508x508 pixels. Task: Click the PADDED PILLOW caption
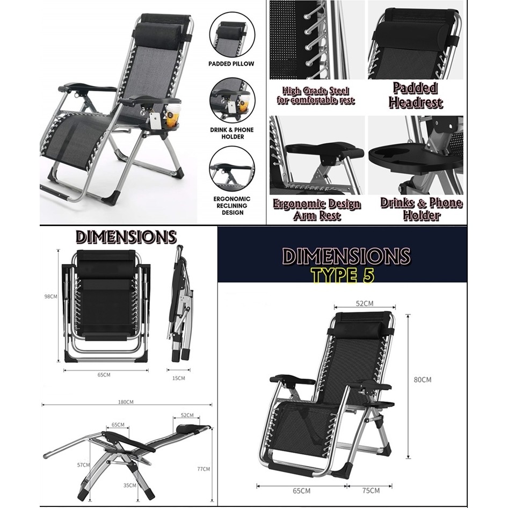pyautogui.click(x=231, y=64)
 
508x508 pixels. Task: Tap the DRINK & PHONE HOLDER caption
pyautogui.click(x=232, y=133)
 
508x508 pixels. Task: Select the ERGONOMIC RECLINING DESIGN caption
pyautogui.click(x=232, y=206)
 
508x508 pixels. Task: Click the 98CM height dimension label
pyautogui.click(x=51, y=296)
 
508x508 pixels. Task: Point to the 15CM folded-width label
pyautogui.click(x=178, y=378)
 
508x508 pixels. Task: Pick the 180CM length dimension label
pyautogui.click(x=126, y=402)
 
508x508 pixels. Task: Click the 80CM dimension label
pyautogui.click(x=423, y=379)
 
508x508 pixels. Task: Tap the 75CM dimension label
pyautogui.click(x=371, y=490)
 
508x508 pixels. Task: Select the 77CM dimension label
pyautogui.click(x=204, y=469)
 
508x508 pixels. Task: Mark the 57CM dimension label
pyautogui.click(x=83, y=465)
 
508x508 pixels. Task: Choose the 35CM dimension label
pyautogui.click(x=129, y=485)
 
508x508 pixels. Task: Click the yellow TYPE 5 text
pyautogui.click(x=343, y=275)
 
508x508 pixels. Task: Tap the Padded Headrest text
pyautogui.click(x=416, y=95)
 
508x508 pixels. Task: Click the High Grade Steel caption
pyautogui.click(x=316, y=95)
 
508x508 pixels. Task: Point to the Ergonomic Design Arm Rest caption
pyautogui.click(x=316, y=209)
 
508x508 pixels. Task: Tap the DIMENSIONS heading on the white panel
pyautogui.click(x=126, y=237)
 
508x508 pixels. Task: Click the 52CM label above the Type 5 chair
pyautogui.click(x=365, y=303)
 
